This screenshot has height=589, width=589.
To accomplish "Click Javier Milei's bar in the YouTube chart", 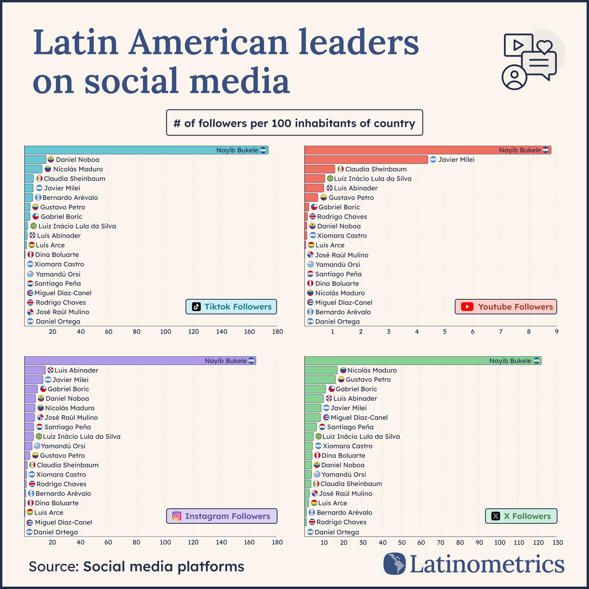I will [x=366, y=159].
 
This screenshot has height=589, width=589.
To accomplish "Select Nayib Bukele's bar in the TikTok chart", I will [x=122, y=150].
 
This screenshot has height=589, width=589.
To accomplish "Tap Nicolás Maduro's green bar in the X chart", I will [x=321, y=370].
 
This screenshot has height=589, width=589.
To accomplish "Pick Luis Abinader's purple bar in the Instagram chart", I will [x=35, y=370].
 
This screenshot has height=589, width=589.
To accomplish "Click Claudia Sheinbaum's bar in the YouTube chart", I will [x=320, y=169].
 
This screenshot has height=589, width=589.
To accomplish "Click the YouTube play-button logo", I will [x=467, y=307].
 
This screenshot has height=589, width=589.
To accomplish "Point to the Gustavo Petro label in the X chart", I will [x=368, y=380].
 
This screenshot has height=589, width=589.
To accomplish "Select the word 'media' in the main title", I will [x=239, y=81].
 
